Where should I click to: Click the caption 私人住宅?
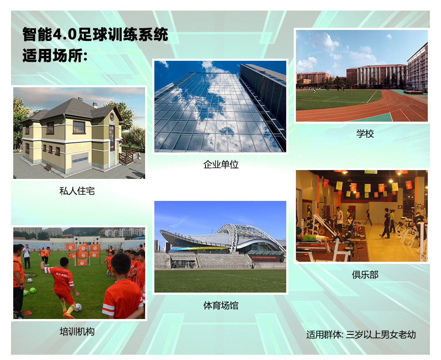click(x=77, y=191)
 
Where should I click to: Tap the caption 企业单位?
click(x=221, y=164)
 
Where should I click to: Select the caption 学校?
click(x=365, y=134)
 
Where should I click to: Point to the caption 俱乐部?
click(x=365, y=274)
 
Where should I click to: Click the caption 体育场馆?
click(x=221, y=305)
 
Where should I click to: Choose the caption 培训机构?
click(x=77, y=332)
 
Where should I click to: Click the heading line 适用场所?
click(x=55, y=56)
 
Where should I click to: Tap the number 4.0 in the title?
click(x=65, y=34)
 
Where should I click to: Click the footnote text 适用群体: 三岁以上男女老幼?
click(x=361, y=334)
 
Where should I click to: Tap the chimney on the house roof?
click(x=95, y=105)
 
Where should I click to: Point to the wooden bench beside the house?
click(x=48, y=167)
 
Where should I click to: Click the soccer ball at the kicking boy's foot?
click(x=78, y=308)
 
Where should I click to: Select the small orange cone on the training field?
click(x=28, y=312)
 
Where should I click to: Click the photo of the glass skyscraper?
click(x=220, y=107)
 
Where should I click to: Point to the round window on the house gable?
click(x=112, y=116)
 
